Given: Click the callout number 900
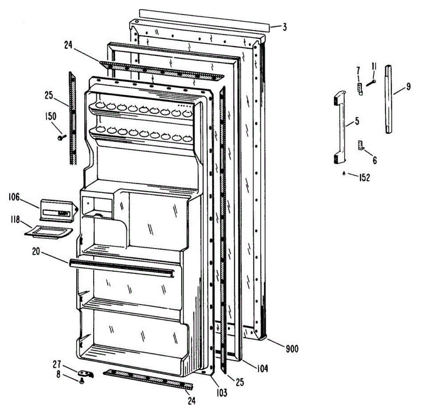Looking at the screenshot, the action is [x=292, y=349].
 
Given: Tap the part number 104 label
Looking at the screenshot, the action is [x=262, y=369].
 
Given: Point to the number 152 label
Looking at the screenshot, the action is [x=364, y=178].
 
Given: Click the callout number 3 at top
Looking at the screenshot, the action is [x=284, y=27].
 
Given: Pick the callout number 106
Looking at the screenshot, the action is [x=14, y=197].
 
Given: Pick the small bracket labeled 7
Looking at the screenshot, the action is [x=359, y=89].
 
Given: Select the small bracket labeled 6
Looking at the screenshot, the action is [x=360, y=145].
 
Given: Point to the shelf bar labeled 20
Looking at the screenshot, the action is [x=121, y=267].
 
